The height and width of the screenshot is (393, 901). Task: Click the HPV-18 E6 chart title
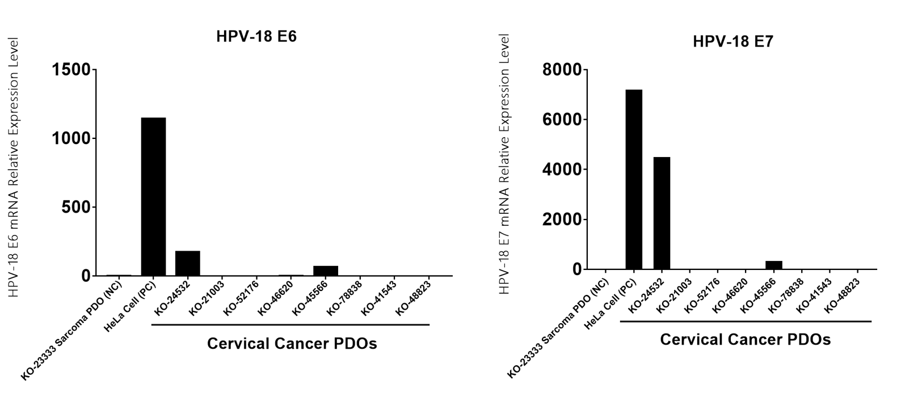[256, 37]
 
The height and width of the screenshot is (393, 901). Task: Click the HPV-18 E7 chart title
[732, 41]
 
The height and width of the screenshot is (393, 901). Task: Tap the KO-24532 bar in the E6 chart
[187, 263]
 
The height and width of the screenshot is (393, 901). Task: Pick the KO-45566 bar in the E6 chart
[326, 271]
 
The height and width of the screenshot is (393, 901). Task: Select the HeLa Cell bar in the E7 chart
[634, 179]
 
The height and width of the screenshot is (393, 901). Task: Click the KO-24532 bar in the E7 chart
[662, 213]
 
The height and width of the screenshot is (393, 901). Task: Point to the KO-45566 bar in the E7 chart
[774, 265]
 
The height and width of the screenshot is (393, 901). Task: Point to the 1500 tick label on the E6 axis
[70, 70]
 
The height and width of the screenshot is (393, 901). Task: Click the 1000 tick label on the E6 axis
[70, 138]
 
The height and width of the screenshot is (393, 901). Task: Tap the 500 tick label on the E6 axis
[76, 207]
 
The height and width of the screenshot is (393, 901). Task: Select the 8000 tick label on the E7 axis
[562, 70]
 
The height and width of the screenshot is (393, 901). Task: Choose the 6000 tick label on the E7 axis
[562, 120]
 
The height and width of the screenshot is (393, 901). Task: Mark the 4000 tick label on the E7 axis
[562, 170]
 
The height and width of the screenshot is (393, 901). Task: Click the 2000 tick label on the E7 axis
[562, 219]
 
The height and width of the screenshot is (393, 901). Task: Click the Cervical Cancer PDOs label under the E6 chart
[292, 344]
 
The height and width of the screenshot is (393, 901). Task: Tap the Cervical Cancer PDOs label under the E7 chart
[745, 340]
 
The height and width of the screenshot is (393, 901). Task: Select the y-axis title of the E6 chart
[14, 167]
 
